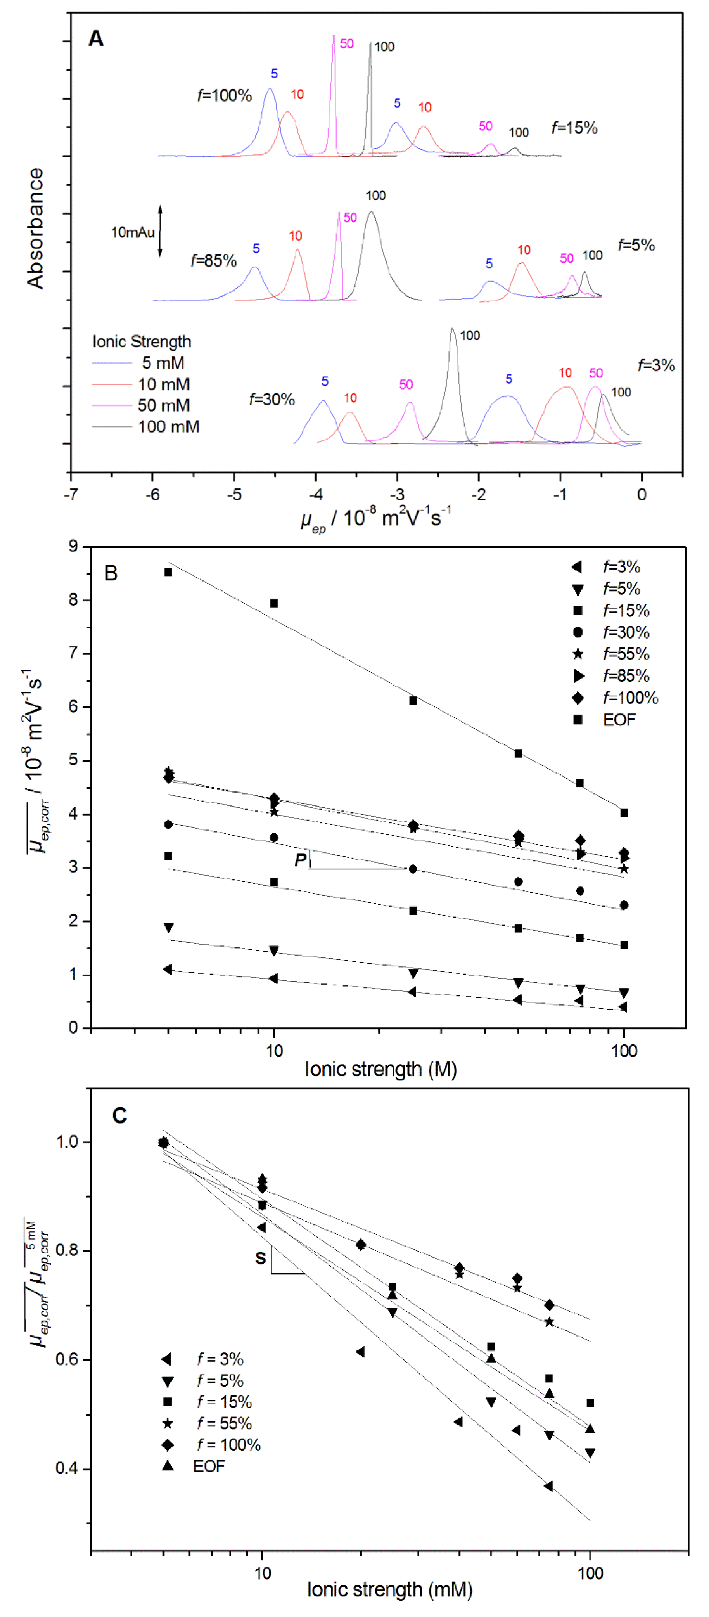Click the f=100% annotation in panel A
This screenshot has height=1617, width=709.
(224, 95)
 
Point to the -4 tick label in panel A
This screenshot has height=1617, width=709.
(316, 495)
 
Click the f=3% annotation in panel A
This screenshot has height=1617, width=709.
(656, 365)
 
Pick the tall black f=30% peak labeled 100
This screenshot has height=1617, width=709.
(452, 333)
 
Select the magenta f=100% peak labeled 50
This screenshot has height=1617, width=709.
(333, 39)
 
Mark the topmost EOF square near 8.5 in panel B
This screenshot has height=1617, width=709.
(168, 572)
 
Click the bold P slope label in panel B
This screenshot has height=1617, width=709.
(301, 859)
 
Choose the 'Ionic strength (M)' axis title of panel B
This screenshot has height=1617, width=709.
(380, 1069)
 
